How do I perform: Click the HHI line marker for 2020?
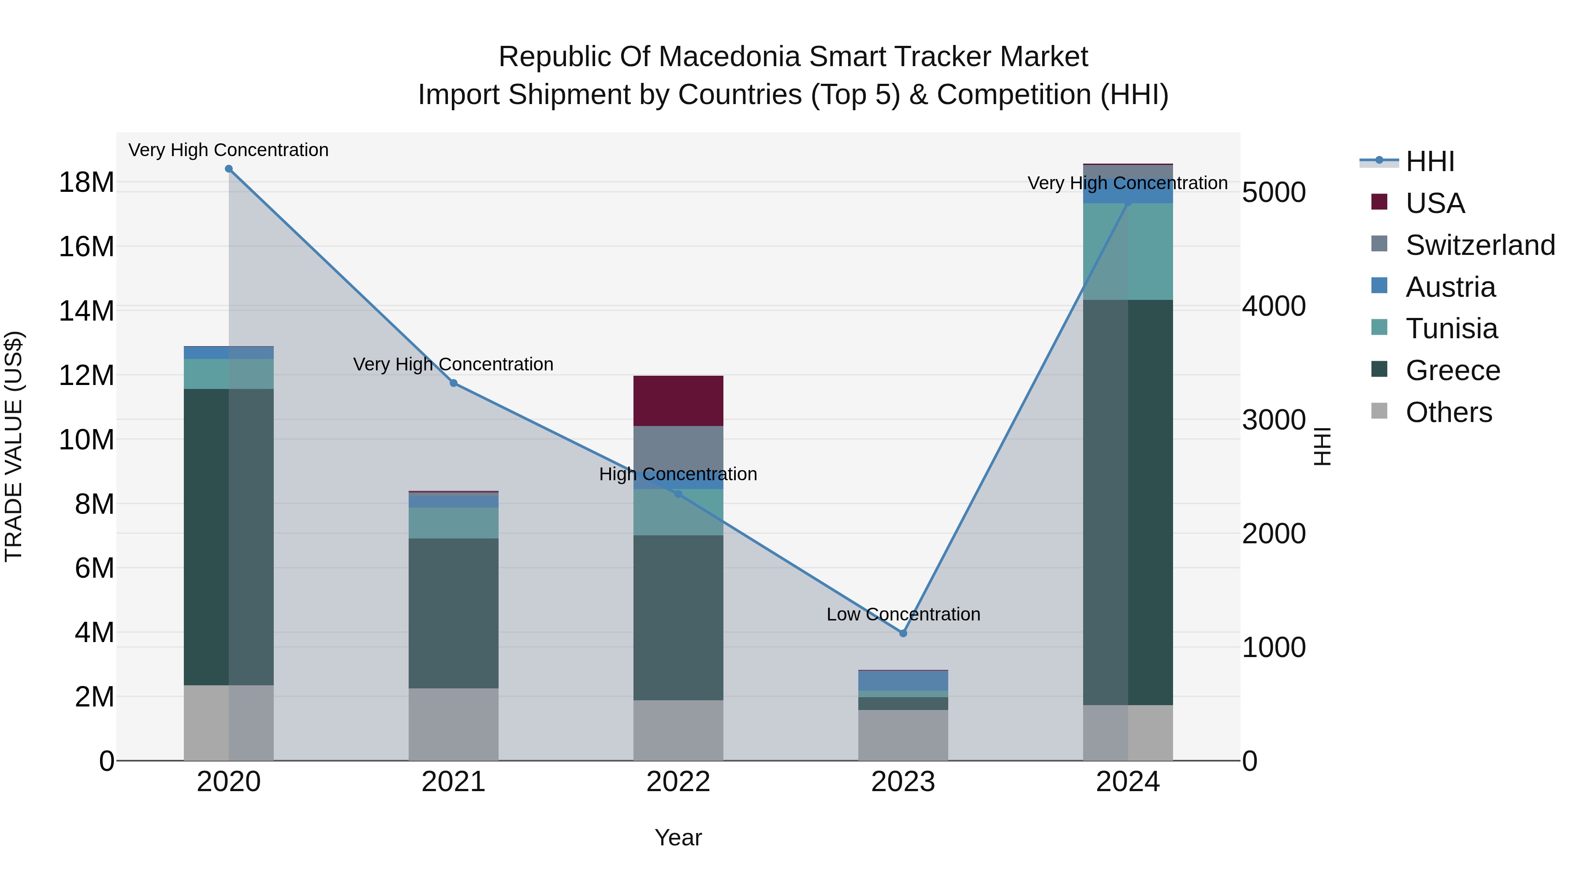[228, 169]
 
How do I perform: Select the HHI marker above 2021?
[454, 383]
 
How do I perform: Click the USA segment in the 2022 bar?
[678, 400]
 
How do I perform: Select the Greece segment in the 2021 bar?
[454, 613]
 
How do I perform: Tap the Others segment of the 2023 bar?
[903, 735]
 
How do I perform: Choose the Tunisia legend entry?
[1451, 329]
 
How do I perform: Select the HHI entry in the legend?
[1429, 161]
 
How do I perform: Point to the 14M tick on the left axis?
[86, 310]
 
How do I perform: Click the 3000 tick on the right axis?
[1274, 420]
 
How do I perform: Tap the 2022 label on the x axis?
[678, 782]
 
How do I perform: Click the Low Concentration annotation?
[903, 614]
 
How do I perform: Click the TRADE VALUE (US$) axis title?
[14, 446]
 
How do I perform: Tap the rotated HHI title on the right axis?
[1322, 446]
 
